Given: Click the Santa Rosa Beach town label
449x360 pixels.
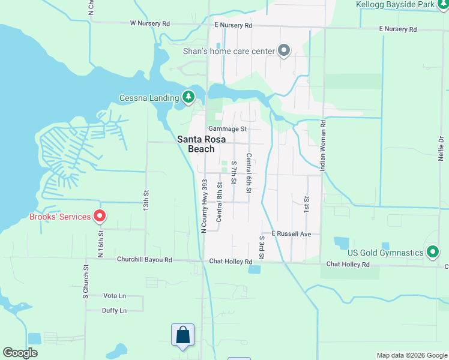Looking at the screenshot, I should (x=201, y=144).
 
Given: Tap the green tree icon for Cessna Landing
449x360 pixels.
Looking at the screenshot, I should (x=188, y=97).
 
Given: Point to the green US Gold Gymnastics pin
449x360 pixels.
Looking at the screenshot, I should (x=432, y=252).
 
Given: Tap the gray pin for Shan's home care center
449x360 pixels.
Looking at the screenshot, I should (x=284, y=51).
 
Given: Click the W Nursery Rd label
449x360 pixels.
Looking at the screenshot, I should (x=150, y=24).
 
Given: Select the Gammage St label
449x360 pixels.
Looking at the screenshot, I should (x=228, y=129).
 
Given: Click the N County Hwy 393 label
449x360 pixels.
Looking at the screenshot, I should (x=203, y=206).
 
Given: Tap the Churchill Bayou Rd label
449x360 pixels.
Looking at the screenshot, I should (x=145, y=260).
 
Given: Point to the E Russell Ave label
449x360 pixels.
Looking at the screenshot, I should (x=291, y=233).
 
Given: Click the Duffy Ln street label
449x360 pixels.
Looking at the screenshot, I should (x=115, y=311).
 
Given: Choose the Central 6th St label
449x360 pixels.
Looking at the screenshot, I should (x=249, y=173).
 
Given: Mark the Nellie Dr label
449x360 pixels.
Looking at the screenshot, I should (x=441, y=147).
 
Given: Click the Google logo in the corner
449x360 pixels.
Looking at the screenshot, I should (x=20, y=353).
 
